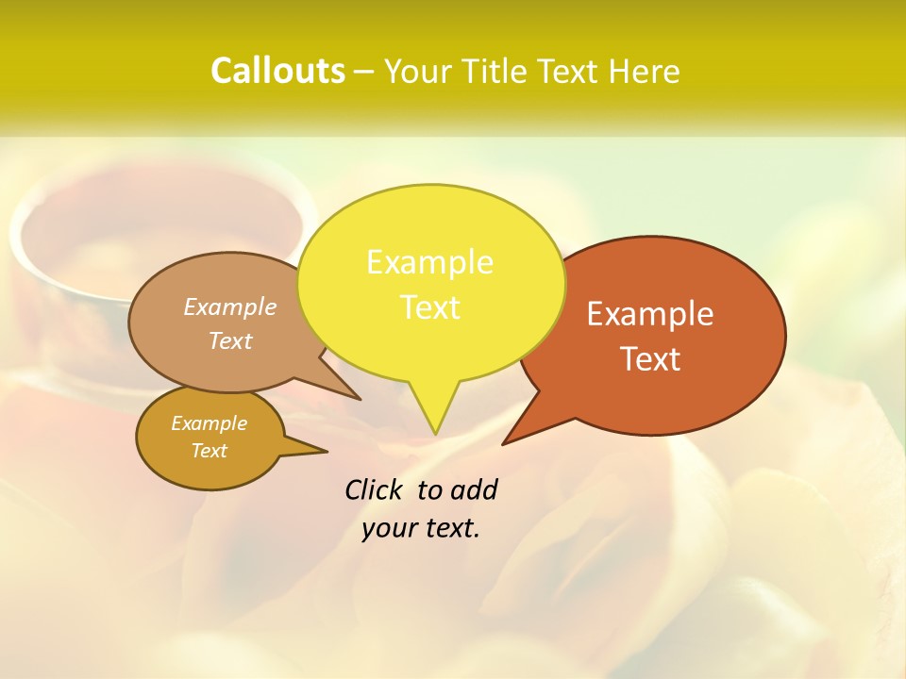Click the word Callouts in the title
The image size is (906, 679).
pyautogui.click(x=277, y=71)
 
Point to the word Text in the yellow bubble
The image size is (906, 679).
pyautogui.click(x=429, y=306)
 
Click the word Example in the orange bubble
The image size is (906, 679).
pyautogui.click(x=650, y=313)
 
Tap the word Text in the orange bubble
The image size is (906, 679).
pyautogui.click(x=650, y=358)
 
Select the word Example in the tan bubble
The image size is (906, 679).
pyautogui.click(x=230, y=306)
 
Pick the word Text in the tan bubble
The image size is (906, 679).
pyautogui.click(x=230, y=340)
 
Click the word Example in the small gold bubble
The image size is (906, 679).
pyautogui.click(x=209, y=423)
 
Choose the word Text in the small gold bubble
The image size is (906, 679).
pyautogui.click(x=209, y=451)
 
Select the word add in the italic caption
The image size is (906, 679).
pyautogui.click(x=474, y=489)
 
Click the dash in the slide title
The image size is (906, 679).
pyautogui.click(x=364, y=72)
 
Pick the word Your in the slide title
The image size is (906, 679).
pyautogui.click(x=418, y=72)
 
